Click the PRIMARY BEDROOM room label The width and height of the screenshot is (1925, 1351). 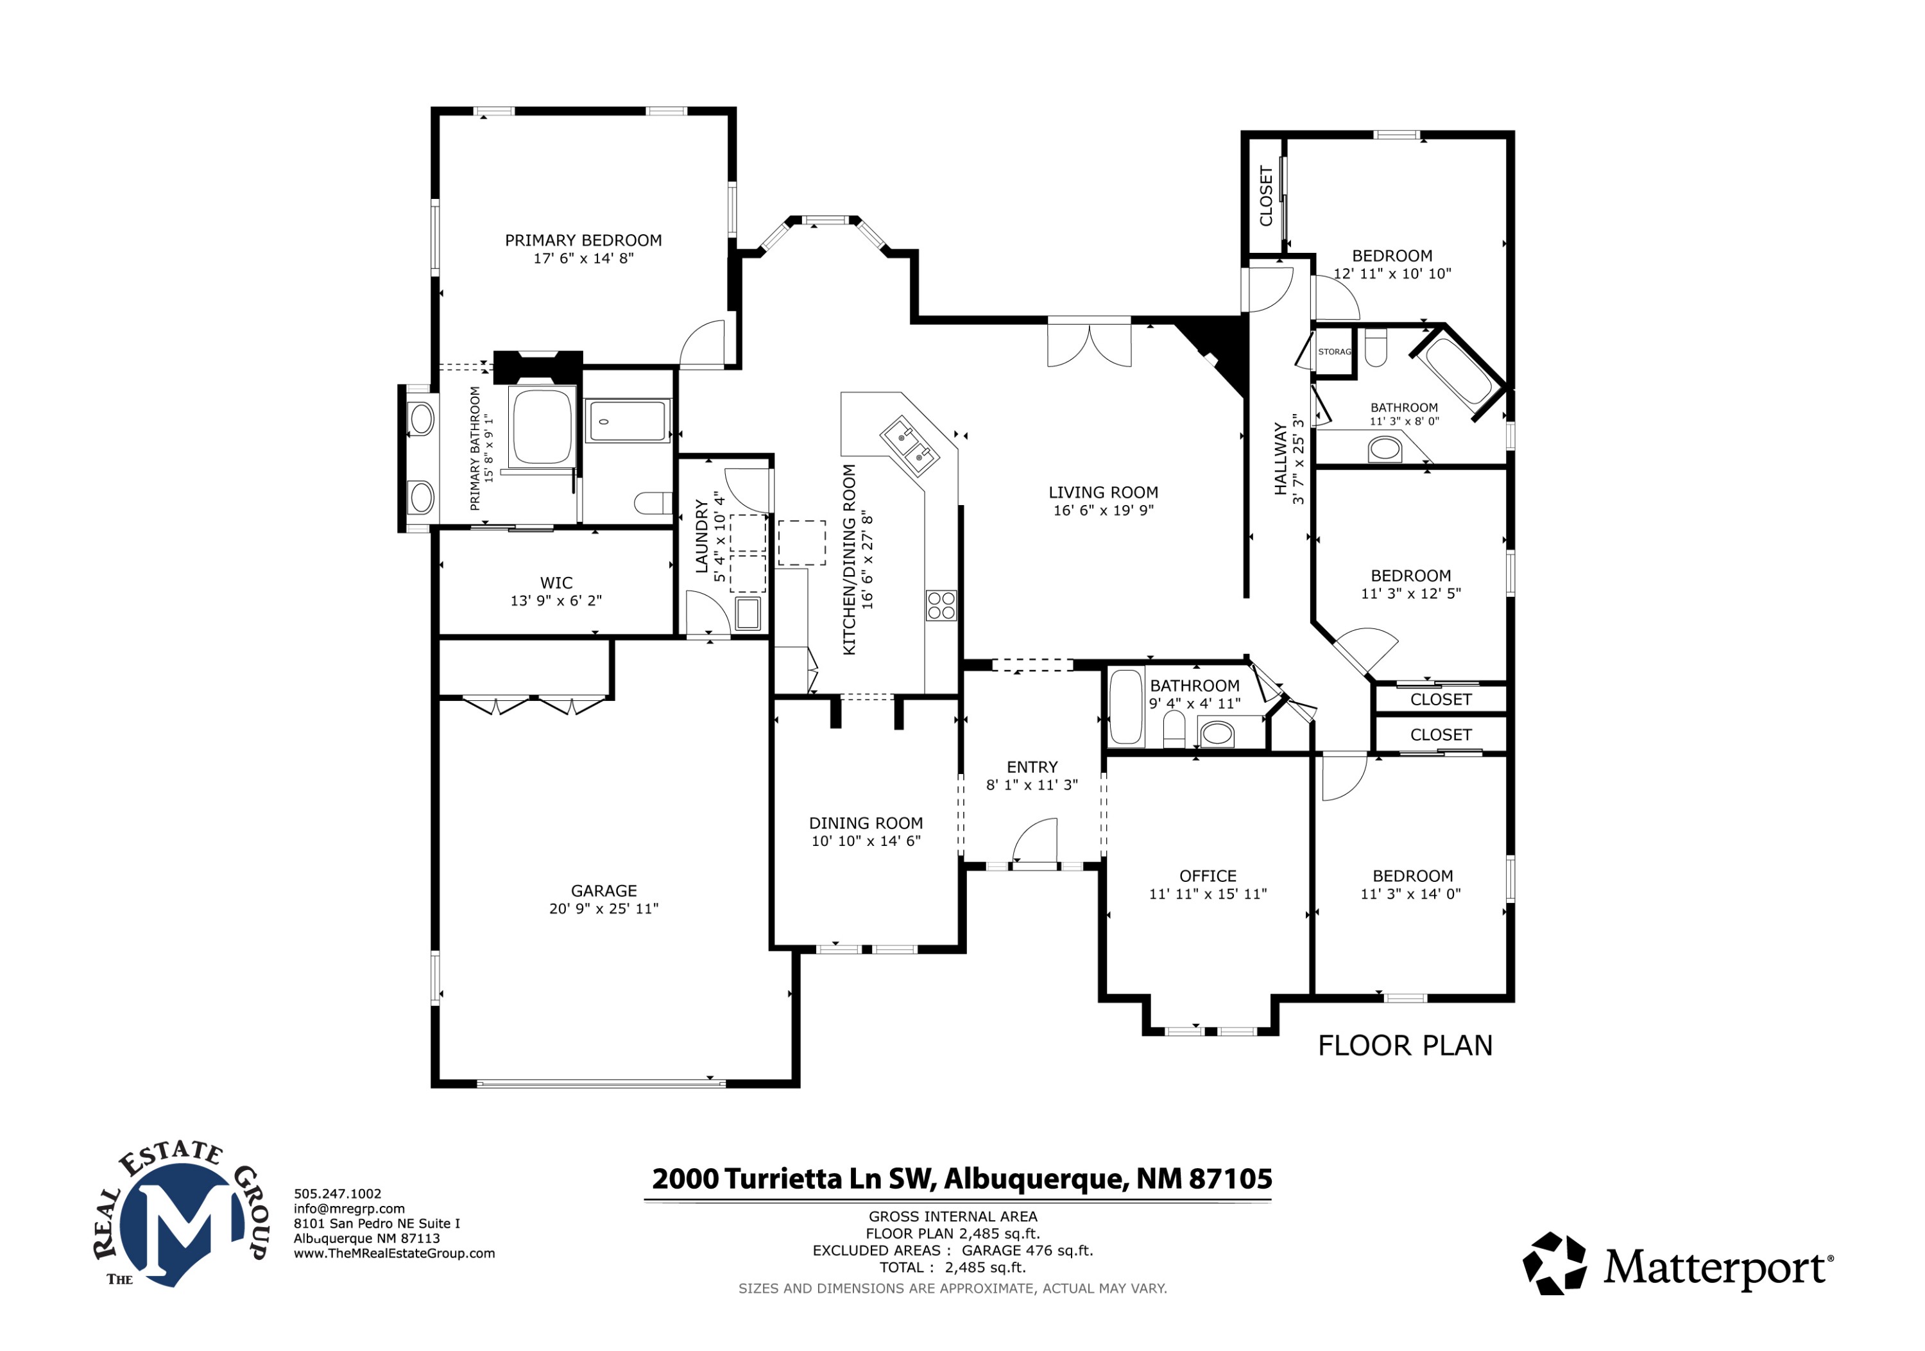(583, 241)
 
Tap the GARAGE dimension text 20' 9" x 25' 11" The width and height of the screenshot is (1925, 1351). (604, 909)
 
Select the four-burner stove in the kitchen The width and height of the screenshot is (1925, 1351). (941, 605)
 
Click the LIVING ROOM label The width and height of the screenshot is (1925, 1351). (1104, 493)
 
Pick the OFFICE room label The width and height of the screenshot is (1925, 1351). (1208, 876)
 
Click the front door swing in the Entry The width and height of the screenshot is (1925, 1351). (1036, 840)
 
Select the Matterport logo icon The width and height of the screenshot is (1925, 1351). (1555, 1263)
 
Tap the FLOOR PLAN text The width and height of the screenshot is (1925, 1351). (1405, 1046)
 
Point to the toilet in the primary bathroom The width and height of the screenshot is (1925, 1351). (653, 503)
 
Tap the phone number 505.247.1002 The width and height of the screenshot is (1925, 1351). (337, 1193)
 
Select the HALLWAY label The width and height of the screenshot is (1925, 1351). (1280, 459)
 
